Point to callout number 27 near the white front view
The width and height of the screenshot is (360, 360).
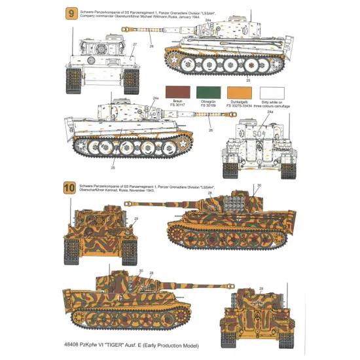point(135,44)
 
